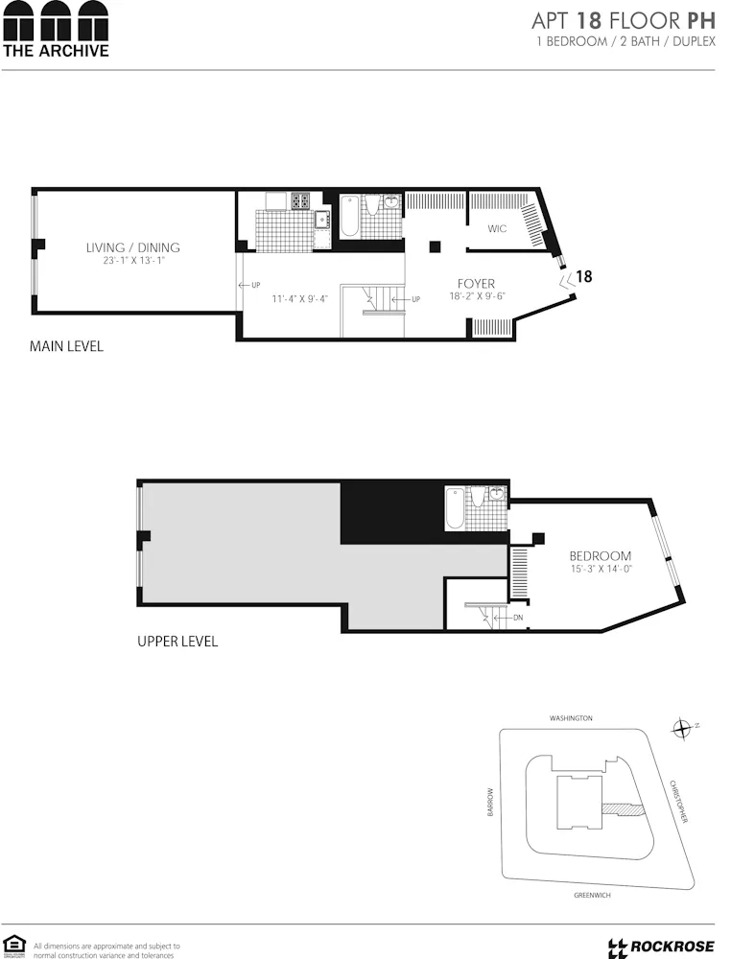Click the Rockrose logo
coord(661,947)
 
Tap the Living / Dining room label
coord(133,247)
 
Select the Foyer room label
coord(476,284)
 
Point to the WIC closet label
coord(496,229)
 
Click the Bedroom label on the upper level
coord(600,556)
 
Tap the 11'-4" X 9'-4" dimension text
coord(299,299)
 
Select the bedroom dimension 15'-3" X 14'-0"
coord(601,570)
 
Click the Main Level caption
coord(66,346)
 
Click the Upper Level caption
coord(177,642)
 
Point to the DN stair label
coord(518,618)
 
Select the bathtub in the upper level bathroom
coord(455,507)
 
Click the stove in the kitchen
coord(300,201)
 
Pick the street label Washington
coord(571,718)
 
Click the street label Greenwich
coord(591,895)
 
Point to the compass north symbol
coord(682,728)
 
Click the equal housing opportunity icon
coord(13,945)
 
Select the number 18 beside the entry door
coord(582,276)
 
